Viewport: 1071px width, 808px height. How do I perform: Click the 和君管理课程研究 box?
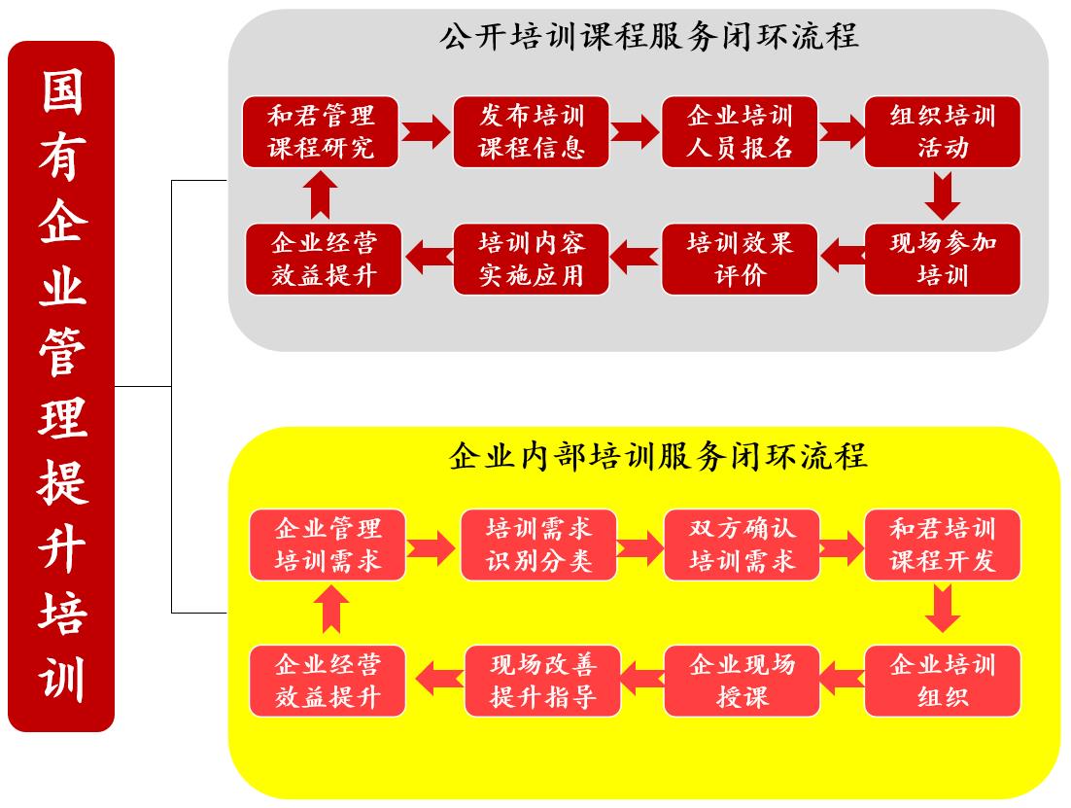click(321, 132)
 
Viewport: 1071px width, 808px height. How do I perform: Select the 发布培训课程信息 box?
click(531, 132)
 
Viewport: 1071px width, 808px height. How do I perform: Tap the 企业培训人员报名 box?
click(740, 132)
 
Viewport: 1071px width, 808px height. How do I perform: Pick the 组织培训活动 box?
click(943, 132)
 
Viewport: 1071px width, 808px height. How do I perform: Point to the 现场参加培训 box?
click(943, 259)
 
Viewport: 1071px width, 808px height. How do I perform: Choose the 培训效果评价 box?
click(740, 259)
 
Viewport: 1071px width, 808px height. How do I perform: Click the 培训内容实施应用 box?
click(531, 259)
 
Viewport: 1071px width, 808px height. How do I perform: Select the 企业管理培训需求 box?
click(328, 545)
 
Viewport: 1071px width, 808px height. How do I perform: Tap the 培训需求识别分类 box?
click(539, 545)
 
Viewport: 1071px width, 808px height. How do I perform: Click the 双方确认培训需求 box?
click(742, 545)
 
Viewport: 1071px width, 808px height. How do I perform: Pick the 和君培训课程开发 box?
click(943, 545)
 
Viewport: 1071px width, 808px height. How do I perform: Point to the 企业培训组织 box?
click(943, 681)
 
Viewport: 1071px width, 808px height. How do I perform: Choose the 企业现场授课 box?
click(742, 681)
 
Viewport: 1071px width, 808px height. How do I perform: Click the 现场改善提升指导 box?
click(542, 681)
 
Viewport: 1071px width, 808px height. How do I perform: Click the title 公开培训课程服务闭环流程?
click(649, 36)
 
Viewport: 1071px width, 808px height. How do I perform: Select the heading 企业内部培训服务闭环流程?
click(659, 456)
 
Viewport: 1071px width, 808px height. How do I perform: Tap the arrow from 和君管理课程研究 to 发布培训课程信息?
click(426, 131)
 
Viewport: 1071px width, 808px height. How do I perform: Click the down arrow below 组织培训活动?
click(943, 195)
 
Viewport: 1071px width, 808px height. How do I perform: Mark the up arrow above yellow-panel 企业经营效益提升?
click(331, 609)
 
